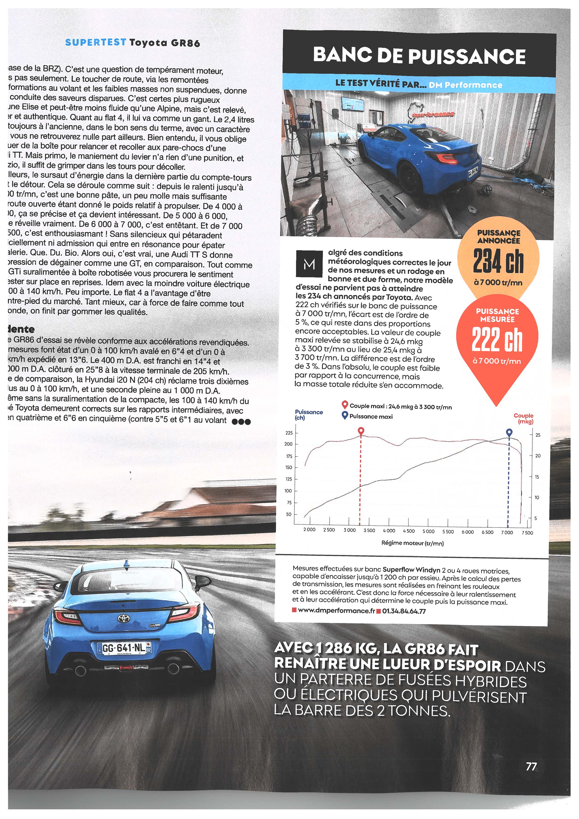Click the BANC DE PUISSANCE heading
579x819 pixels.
[419, 56]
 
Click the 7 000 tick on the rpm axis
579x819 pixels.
[507, 532]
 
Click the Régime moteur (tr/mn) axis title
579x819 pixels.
[412, 543]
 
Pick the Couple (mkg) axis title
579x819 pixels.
[523, 418]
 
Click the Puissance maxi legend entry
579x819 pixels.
[371, 416]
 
